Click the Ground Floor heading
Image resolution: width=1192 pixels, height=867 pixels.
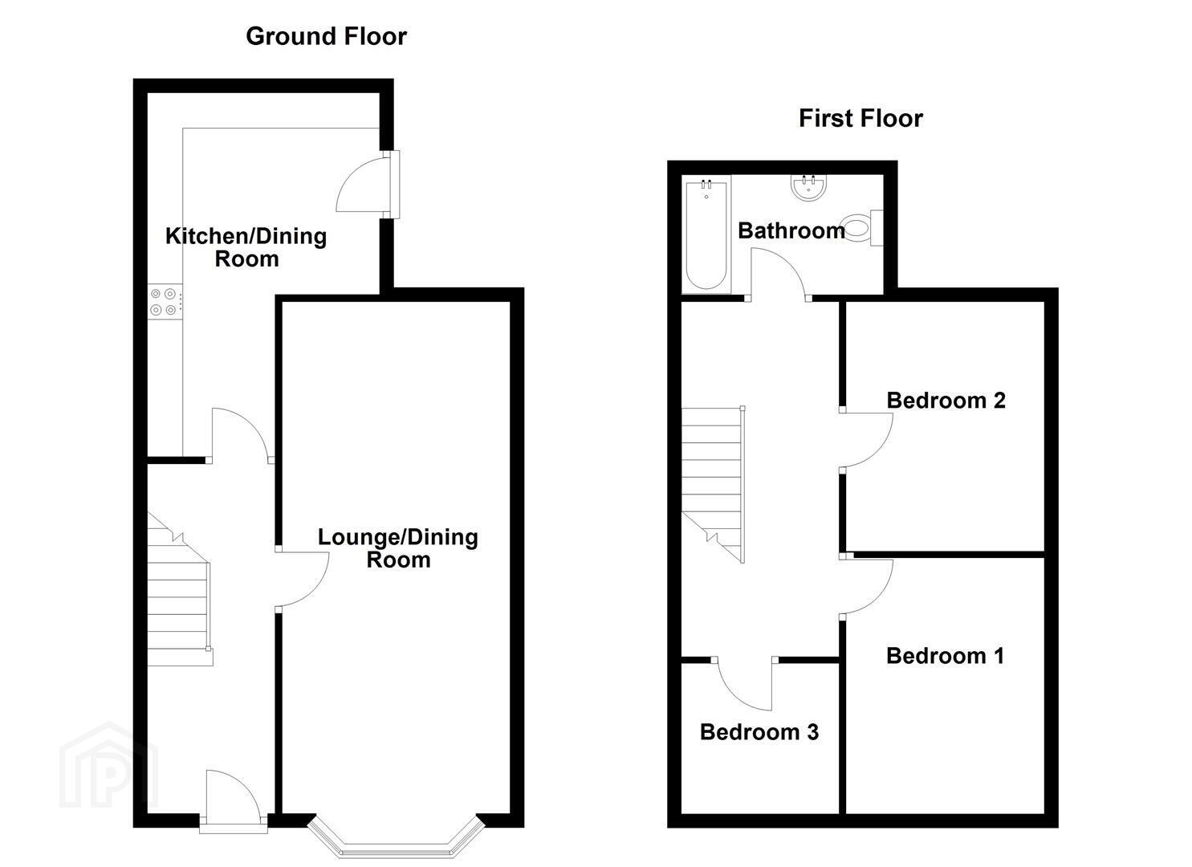(326, 36)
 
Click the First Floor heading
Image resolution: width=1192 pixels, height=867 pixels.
(860, 118)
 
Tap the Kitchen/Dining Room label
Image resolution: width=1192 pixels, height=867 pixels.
(246, 247)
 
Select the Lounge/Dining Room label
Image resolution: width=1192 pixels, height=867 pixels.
(398, 549)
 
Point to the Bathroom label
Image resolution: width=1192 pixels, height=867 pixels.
(791, 230)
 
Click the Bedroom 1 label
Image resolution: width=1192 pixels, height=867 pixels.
(945, 656)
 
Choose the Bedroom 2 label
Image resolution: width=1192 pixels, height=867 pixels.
(946, 401)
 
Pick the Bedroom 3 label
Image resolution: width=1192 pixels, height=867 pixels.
(759, 732)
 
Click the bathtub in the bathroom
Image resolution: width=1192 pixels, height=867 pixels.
(706, 234)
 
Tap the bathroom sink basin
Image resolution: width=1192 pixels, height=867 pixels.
(809, 189)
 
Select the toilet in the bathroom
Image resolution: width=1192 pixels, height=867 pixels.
(863, 228)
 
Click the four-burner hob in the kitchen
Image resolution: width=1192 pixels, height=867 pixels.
(164, 301)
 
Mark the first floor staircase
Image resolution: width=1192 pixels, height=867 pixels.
(713, 484)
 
